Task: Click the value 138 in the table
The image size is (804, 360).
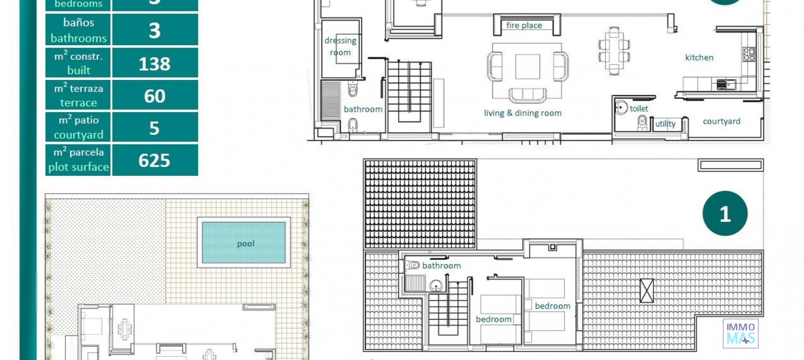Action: pos(155,64)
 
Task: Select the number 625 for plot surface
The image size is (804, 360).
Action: pos(155,160)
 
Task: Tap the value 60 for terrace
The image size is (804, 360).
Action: pos(155,96)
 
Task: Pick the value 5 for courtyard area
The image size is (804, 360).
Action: pos(155,128)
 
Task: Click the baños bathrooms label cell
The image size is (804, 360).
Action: pos(78,30)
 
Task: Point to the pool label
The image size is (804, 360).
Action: pos(246,244)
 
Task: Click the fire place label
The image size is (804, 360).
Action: pos(524,26)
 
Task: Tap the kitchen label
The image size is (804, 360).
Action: pos(699,58)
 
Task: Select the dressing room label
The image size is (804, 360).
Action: pos(340,46)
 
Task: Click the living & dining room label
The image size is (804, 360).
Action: pos(523,113)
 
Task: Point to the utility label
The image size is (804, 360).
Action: pos(665,124)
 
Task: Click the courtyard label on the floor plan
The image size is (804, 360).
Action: pos(721,121)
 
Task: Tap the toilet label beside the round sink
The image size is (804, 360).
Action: pos(639,109)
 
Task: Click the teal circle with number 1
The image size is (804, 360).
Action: pos(725,213)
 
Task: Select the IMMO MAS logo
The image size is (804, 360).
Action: pos(740,333)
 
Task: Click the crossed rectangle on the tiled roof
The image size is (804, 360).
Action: pos(647,291)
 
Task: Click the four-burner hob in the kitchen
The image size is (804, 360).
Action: pos(749,54)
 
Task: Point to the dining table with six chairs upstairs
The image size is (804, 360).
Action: pos(614,50)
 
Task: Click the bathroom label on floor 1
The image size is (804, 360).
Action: pos(441,266)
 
